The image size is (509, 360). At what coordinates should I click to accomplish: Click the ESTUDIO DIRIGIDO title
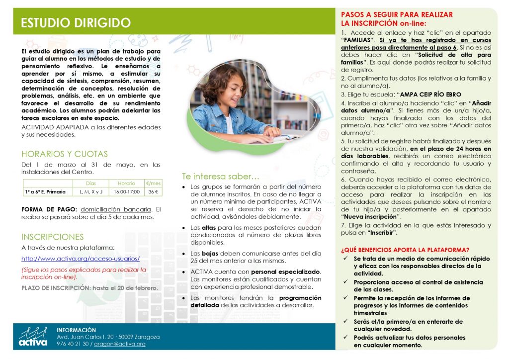coord(76,23)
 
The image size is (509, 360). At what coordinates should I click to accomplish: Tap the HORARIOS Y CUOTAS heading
coord(65,154)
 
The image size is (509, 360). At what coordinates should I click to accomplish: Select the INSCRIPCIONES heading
coord(52,237)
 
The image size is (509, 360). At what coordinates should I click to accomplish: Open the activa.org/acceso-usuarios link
coord(81,259)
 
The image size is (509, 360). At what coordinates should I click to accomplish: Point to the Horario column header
coord(127,183)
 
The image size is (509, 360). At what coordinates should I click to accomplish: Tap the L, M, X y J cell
coord(91,191)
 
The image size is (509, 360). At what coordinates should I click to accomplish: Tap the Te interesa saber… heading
coord(220,176)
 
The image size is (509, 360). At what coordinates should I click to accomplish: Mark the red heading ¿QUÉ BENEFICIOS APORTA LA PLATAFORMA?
coord(406,250)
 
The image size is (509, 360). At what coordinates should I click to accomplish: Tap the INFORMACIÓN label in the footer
coord(76,330)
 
